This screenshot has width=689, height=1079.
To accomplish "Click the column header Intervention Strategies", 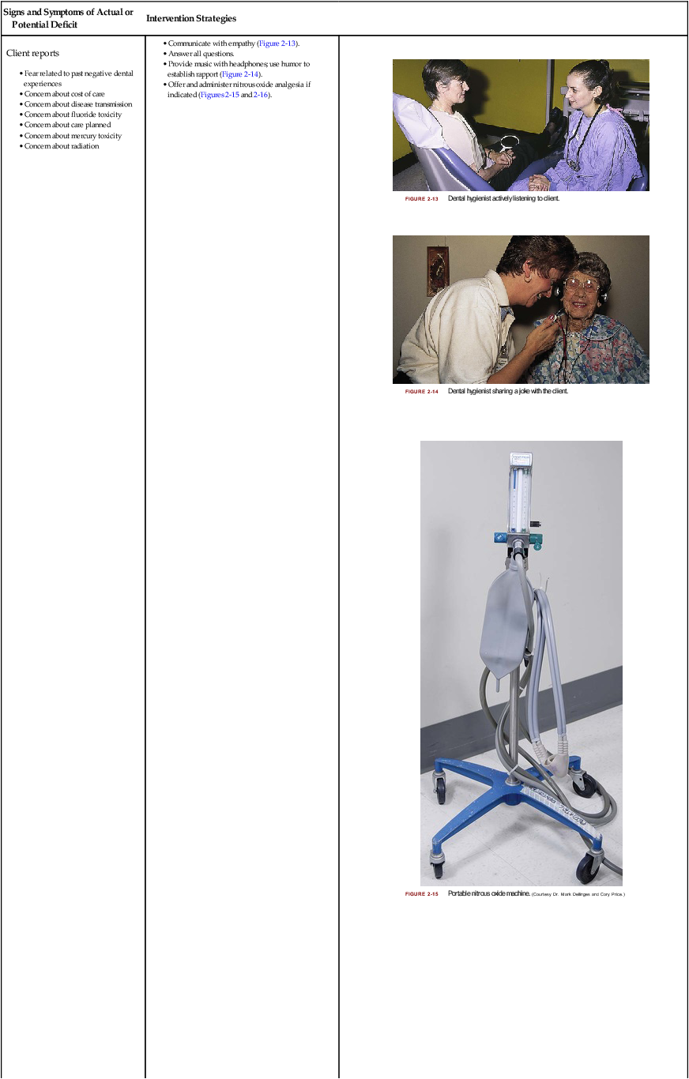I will point(191,18).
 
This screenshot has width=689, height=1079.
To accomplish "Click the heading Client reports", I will point(32,53).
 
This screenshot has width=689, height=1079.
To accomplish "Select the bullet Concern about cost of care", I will point(64,94).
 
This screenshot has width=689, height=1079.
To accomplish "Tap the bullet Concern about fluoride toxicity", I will point(73,115).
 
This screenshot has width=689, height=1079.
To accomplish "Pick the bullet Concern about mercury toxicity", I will point(73,136).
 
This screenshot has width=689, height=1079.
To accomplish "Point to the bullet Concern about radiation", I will point(62,146).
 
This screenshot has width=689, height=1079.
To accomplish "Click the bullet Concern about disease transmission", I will point(77,104).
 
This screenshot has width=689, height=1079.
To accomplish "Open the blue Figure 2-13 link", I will point(277,43).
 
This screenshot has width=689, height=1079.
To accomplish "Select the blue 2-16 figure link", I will point(261,94).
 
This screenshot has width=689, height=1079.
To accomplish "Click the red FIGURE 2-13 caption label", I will point(421,199).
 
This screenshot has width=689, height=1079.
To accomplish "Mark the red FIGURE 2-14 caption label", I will point(421,392).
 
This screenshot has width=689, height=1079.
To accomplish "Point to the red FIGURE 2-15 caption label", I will point(421,894).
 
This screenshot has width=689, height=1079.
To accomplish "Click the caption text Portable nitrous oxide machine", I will point(488,893).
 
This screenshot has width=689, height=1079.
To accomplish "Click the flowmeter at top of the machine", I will point(520,494).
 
